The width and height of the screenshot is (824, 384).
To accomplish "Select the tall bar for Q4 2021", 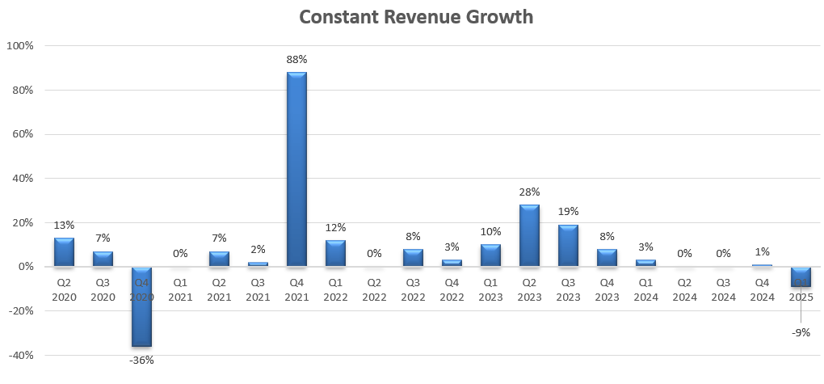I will (x=296, y=169).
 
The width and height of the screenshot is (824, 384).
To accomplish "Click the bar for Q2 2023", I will (x=529, y=235).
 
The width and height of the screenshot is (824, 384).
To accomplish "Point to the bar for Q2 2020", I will (x=64, y=251).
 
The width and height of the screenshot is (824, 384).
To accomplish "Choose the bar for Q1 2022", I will (x=335, y=253).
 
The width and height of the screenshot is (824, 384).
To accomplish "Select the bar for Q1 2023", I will (x=490, y=255).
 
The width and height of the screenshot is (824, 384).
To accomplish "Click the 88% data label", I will (x=296, y=60).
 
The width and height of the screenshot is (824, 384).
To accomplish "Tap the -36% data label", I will (x=141, y=360).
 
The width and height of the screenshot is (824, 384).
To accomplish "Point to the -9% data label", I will (x=801, y=332).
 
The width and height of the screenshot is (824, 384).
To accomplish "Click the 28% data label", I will (x=529, y=192).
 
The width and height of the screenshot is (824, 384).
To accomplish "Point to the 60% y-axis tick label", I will (x=21, y=134).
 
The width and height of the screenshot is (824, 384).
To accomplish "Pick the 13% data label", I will (x=64, y=226).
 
